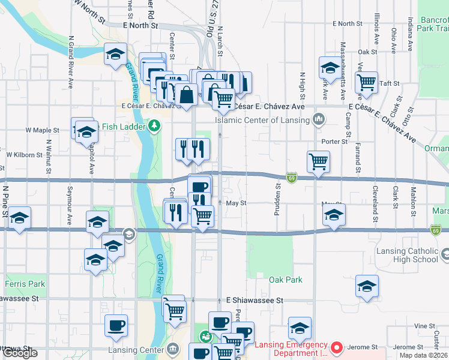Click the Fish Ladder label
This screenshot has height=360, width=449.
pyautogui.click(x=124, y=125)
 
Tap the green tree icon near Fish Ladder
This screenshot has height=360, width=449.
pyautogui.click(x=155, y=125)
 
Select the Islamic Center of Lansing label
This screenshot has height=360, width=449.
pyautogui.click(x=264, y=120)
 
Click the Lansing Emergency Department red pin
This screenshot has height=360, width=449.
pyautogui.click(x=337, y=347)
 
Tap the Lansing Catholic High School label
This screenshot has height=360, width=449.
pyautogui.click(x=409, y=255)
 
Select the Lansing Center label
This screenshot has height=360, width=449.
pyautogui.click(x=136, y=350)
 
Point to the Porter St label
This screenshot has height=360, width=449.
pyautogui.click(x=334, y=142)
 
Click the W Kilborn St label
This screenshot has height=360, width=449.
pyautogui.click(x=23, y=154)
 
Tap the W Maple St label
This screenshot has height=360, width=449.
pyautogui.click(x=42, y=130)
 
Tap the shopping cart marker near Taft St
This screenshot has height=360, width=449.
pyautogui.click(x=366, y=83)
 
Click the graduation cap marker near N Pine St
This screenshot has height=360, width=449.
pyautogui.click(x=19, y=218)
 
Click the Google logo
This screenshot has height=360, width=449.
pyautogui.click(x=20, y=353)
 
